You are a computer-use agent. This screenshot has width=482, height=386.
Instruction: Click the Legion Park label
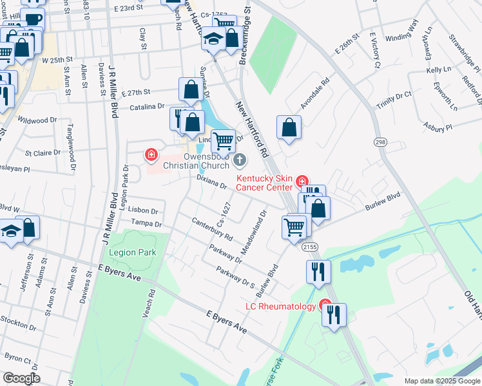tap(133, 253)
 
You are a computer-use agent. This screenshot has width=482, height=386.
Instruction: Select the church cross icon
tap(239, 160)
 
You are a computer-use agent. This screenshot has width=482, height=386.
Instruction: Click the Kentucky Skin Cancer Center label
tap(265, 183)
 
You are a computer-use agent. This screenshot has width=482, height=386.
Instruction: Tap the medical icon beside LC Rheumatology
tap(325, 306)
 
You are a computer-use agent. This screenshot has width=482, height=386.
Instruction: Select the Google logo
tap(21, 378)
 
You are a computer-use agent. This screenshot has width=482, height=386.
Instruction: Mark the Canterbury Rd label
tap(211, 230)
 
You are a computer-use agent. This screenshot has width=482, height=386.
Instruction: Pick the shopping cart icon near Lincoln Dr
tap(223, 139)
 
